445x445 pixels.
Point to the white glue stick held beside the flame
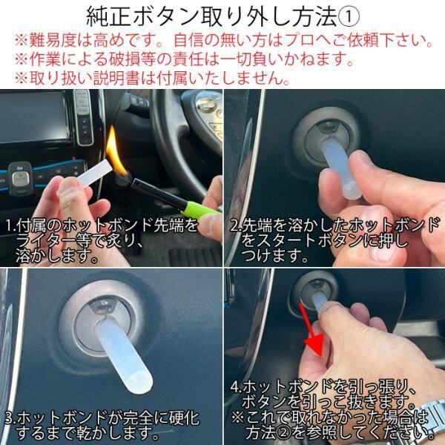93,173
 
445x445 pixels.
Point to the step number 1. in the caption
11,226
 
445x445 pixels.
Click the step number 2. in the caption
236,225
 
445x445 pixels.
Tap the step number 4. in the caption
236,387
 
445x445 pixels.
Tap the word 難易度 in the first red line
52,40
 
